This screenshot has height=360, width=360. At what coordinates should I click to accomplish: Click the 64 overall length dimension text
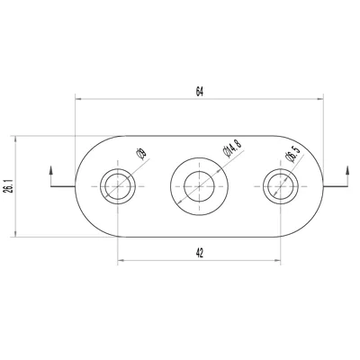tap(200, 91)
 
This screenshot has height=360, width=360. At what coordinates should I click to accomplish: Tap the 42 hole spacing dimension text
tap(200, 253)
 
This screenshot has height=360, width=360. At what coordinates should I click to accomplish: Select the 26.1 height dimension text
tap(9, 186)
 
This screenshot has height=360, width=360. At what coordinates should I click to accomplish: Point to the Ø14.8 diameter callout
tap(232, 148)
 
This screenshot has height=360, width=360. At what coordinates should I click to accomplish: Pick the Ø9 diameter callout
tap(141, 153)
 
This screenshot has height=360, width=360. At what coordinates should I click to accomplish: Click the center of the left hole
tap(118, 186)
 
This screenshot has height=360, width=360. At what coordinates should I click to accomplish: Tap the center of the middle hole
tap(199, 186)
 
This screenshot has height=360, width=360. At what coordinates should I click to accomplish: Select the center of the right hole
tap(281, 186)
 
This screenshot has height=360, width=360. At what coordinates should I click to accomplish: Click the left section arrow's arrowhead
tap(50, 169)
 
